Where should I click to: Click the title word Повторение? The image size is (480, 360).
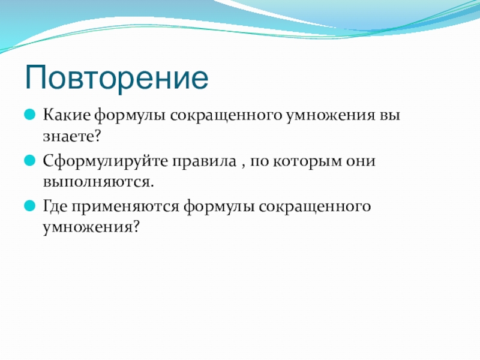(116, 78)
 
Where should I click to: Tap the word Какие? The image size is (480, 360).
(67, 115)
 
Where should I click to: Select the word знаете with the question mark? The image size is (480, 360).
(72, 137)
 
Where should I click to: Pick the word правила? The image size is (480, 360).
(204, 161)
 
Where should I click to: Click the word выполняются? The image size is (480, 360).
(98, 182)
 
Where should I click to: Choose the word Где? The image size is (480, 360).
(55, 206)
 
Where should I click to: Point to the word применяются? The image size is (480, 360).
(125, 207)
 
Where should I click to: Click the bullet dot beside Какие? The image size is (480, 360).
(29, 115)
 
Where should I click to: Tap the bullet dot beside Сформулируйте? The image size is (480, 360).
(29, 160)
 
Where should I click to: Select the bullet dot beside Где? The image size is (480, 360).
(29, 206)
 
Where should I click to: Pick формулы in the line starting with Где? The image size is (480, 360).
(219, 207)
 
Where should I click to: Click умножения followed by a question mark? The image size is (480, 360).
(91, 228)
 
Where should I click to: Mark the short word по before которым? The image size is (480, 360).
(259, 162)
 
